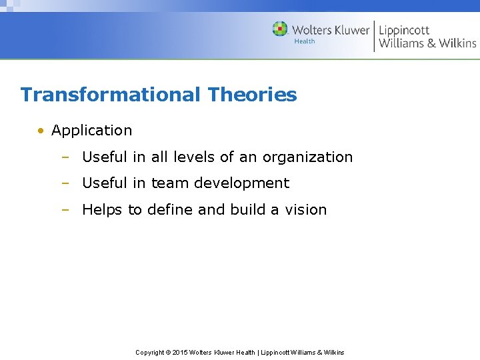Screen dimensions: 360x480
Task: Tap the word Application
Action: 91,131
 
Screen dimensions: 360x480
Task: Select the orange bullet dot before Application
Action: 41,131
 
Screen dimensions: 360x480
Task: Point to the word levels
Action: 193,157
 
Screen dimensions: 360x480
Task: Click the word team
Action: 169,183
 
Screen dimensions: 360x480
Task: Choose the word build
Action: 247,210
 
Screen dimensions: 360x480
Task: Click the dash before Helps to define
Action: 65,210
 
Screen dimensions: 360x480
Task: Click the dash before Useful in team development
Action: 65,183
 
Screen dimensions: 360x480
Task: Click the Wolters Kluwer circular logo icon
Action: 280,29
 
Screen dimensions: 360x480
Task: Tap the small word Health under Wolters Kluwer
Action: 304,41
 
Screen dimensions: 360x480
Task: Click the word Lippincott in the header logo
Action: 404,30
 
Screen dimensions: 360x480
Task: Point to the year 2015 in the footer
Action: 179,352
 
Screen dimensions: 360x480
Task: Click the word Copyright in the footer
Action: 149,352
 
